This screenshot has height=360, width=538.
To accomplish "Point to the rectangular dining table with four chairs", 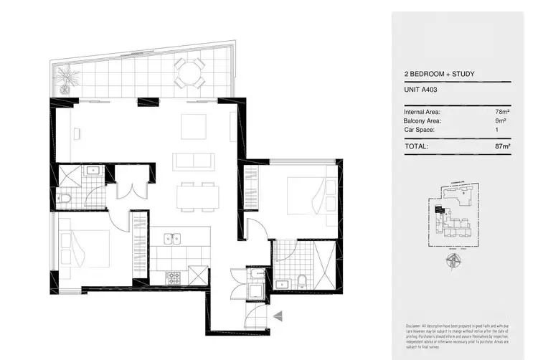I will click(197, 195).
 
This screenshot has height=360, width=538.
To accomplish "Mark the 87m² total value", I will click(502, 146).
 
